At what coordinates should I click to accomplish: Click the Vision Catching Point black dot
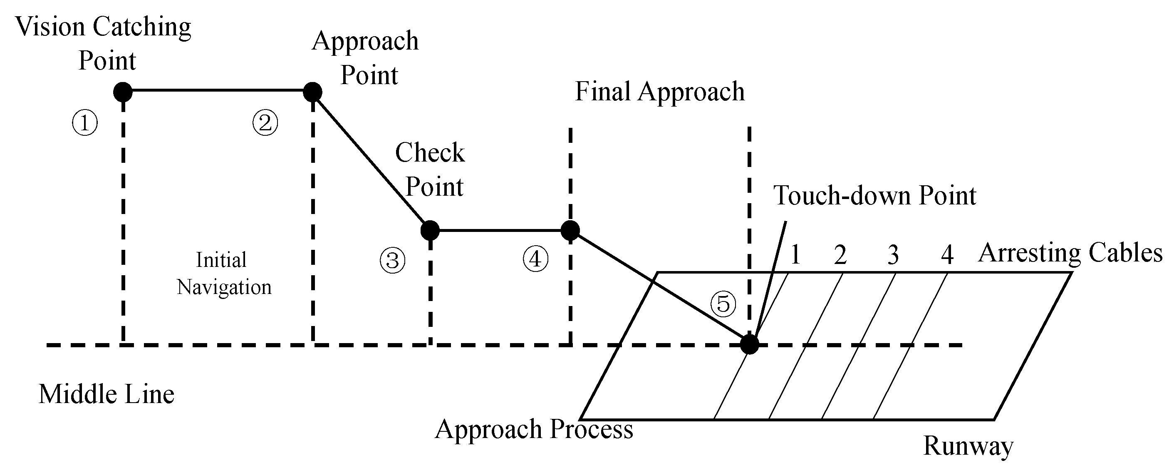point(123,92)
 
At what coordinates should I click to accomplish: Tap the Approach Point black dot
point(313,92)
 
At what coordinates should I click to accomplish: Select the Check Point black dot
point(430,230)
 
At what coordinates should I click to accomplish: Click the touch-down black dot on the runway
point(749,344)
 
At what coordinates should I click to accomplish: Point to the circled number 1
point(85,123)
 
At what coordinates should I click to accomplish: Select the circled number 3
point(392,261)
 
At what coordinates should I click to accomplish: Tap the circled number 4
point(535,259)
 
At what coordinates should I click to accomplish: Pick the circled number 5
point(723,304)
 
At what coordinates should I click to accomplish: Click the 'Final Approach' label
point(659,92)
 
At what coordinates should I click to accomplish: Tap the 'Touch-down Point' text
point(874,196)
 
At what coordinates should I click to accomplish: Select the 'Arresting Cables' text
point(1070,253)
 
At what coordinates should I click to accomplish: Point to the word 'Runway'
point(968,446)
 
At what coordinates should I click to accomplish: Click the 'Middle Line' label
point(106,394)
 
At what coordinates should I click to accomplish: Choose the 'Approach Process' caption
point(534,429)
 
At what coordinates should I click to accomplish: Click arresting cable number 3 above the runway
point(893,254)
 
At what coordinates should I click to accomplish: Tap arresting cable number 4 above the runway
point(947,254)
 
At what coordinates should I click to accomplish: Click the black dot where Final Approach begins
point(570,230)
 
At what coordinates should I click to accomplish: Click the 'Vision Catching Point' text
point(104,43)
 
